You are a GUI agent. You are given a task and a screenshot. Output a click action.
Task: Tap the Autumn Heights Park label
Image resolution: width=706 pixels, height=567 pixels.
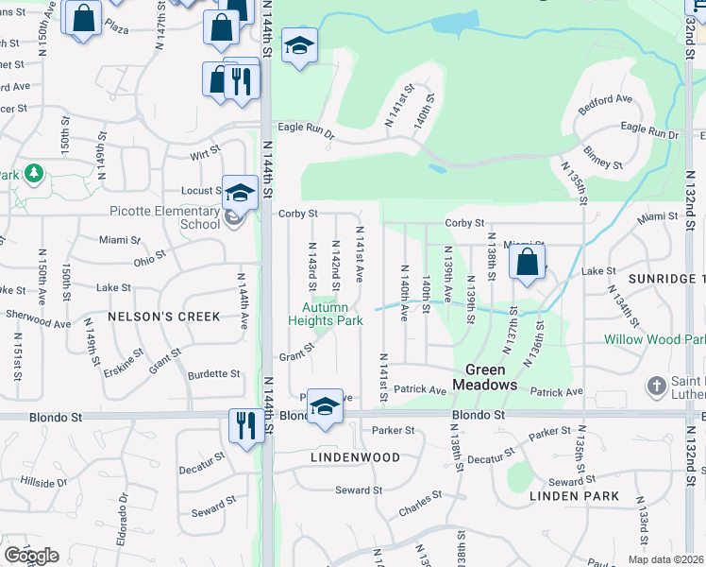(x=325, y=314)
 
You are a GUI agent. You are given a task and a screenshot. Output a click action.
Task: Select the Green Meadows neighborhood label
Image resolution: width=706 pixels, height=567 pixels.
(x=484, y=377)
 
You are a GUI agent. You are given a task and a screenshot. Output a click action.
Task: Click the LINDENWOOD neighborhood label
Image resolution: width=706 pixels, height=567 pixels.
(x=355, y=456)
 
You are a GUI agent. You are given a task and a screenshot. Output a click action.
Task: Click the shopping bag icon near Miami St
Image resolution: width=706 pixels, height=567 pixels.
(x=528, y=261)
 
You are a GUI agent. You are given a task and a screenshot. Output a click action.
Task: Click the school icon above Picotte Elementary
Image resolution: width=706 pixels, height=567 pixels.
(x=240, y=192)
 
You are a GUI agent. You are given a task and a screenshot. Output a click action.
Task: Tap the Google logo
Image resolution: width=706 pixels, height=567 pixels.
(x=31, y=556)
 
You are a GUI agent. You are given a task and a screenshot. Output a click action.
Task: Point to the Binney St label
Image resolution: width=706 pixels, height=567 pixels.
(x=603, y=158)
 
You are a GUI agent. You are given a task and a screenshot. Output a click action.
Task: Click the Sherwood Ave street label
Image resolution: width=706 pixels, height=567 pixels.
(x=38, y=322)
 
